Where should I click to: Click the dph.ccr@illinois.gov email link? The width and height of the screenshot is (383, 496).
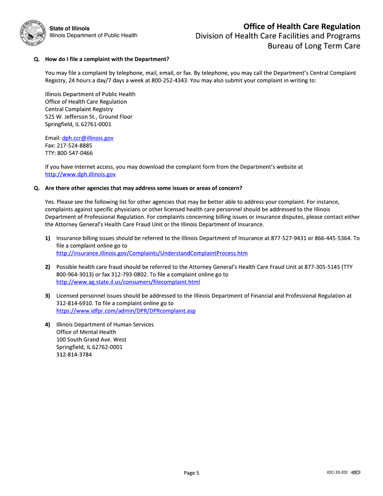click(87, 138)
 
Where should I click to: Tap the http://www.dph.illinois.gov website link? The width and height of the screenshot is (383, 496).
click(80, 174)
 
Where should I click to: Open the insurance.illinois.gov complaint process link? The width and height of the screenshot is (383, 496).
click(152, 253)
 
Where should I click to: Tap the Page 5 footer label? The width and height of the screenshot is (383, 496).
click(191, 473)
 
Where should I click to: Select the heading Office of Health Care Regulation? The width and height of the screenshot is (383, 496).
click(302, 27)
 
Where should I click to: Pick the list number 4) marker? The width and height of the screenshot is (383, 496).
click(48, 325)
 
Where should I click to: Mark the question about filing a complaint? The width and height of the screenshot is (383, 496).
click(106, 59)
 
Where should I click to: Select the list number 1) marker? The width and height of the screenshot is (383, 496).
click(48, 239)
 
